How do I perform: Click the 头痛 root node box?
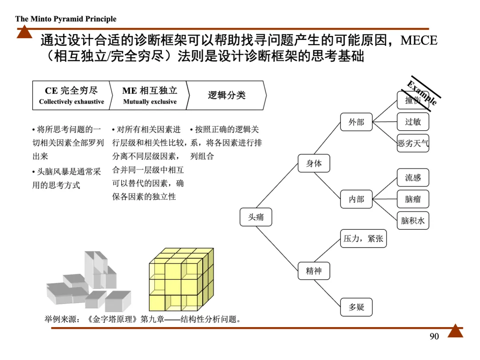click(x=256, y=217)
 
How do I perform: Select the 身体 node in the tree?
click(x=314, y=164)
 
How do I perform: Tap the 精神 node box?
click(x=314, y=271)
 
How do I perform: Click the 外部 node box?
click(x=356, y=122)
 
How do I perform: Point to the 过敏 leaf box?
click(x=413, y=122)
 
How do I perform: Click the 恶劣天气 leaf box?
click(x=413, y=143)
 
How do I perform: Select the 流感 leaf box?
click(x=413, y=178)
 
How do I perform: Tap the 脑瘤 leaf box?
click(x=413, y=199)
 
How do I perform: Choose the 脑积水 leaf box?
click(x=413, y=220)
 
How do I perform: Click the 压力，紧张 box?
click(x=363, y=239)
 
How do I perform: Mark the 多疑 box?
click(x=356, y=307)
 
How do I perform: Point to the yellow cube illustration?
click(x=181, y=280)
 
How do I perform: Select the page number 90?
click(x=434, y=336)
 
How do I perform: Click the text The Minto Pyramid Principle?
click(x=66, y=19)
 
